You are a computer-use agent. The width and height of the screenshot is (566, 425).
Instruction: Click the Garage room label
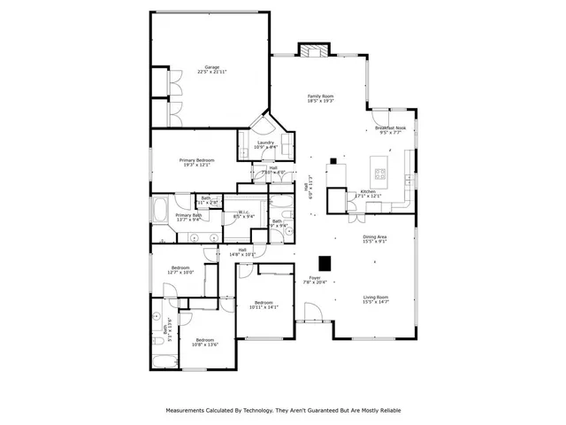click(212, 67)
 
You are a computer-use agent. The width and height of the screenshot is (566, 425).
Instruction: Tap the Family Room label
click(320, 96)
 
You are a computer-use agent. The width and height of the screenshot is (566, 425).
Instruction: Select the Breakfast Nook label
click(390, 127)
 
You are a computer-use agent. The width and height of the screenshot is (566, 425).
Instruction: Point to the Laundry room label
click(265, 143)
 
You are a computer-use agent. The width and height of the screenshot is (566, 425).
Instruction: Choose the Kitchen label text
click(368, 191)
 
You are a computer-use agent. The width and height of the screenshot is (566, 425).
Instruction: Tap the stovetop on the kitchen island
click(381, 173)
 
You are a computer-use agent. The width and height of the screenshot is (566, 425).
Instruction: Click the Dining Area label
click(375, 236)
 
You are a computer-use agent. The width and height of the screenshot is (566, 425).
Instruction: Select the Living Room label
click(376, 297)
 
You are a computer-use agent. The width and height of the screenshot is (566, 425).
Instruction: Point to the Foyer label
click(315, 277)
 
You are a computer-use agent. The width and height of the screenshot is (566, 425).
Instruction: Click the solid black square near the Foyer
click(325, 262)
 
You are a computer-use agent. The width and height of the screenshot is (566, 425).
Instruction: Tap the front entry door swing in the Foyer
click(312, 312)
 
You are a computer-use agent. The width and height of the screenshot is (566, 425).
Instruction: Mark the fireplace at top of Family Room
click(312, 50)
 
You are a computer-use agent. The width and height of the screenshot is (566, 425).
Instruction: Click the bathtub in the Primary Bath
click(163, 212)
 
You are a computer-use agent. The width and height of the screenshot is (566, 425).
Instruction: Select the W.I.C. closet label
click(243, 212)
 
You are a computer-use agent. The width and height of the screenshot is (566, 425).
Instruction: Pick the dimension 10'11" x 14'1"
click(264, 307)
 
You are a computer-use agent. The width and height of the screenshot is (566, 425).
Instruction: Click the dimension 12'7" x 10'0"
click(180, 273)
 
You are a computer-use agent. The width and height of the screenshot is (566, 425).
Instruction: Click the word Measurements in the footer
click(190, 411)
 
